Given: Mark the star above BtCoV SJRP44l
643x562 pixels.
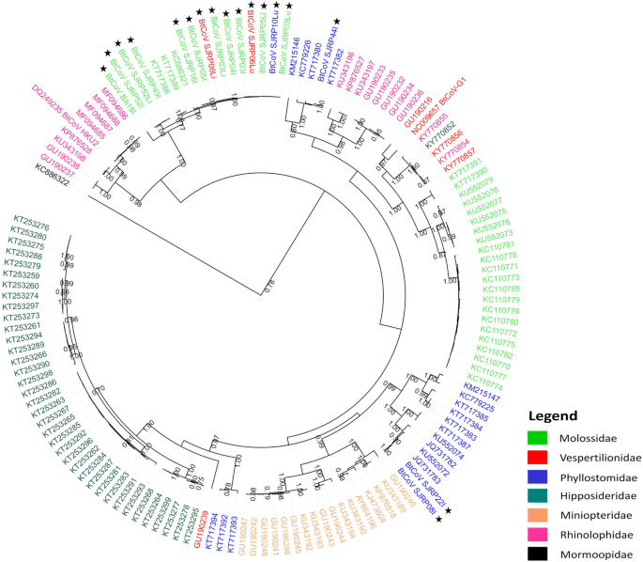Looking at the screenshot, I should click(337, 21).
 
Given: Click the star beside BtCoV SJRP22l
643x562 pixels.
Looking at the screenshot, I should click(449, 510).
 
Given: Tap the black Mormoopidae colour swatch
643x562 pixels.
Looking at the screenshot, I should click(539, 554).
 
